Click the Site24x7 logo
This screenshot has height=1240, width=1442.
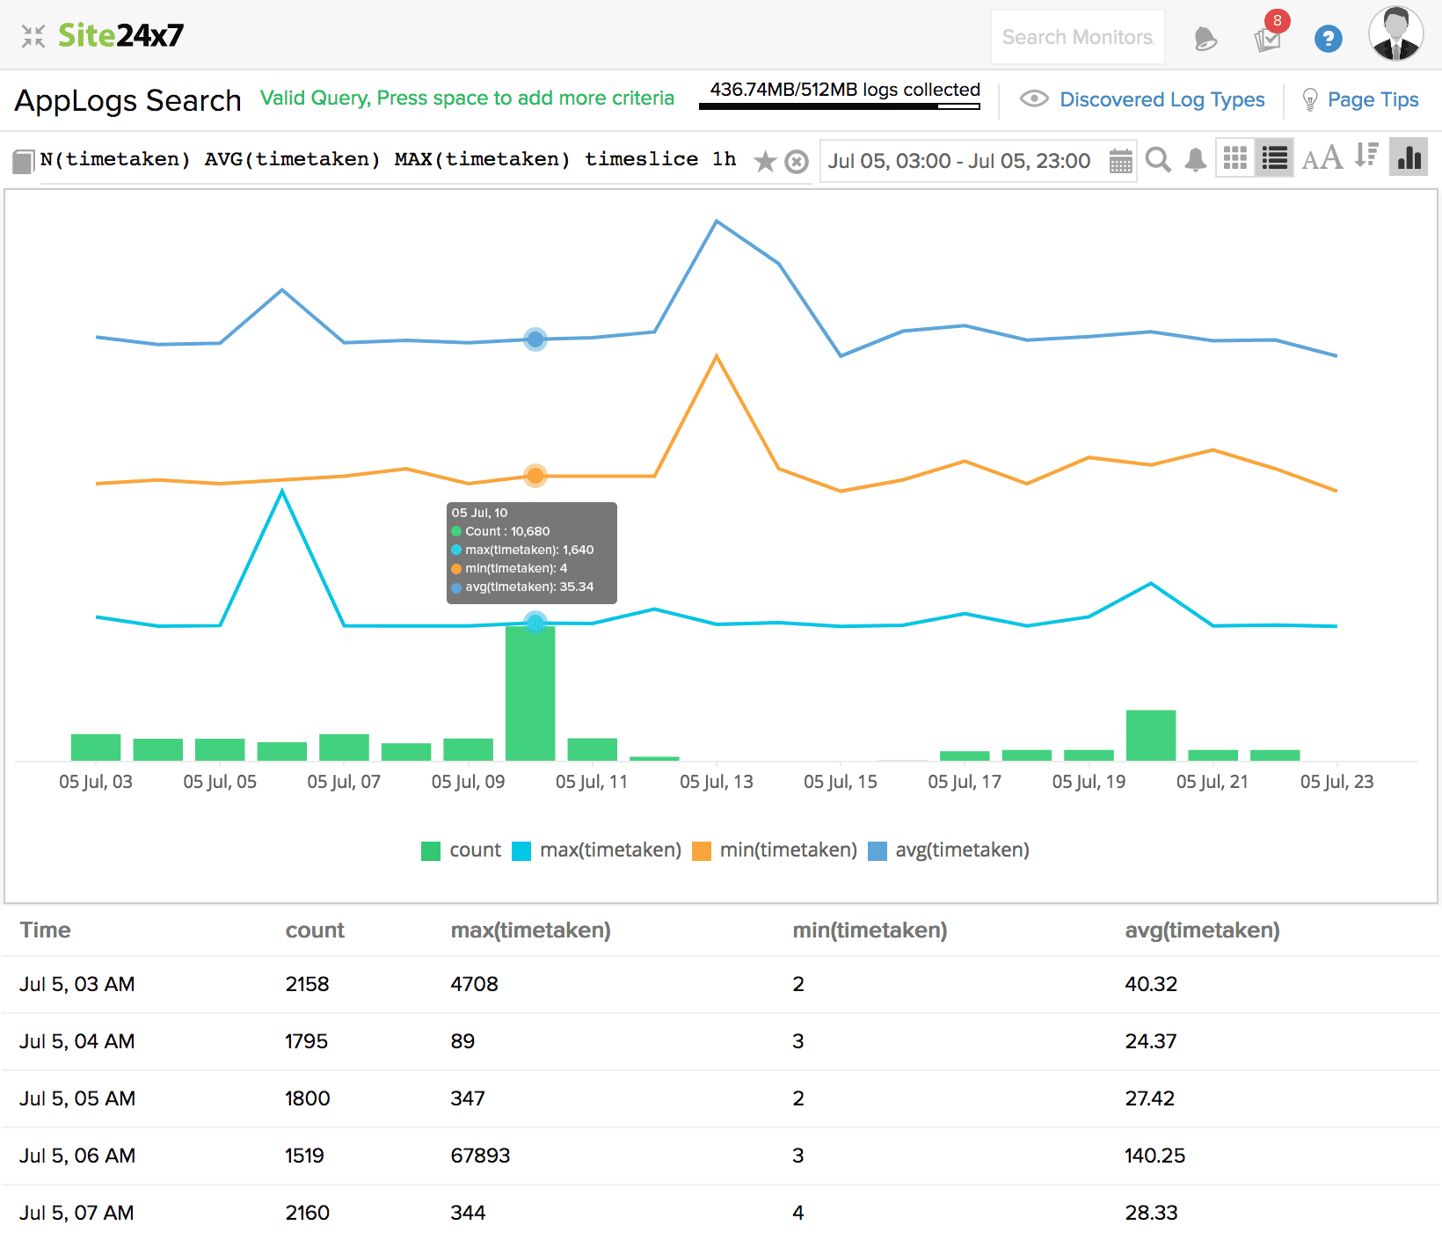120,35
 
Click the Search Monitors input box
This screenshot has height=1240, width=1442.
1077,37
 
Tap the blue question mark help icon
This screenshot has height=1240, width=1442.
1328,39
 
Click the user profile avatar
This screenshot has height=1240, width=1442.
1395,35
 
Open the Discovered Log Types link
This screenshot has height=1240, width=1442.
1161,99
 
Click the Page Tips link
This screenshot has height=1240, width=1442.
1372,99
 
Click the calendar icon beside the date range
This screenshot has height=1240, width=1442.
1120,161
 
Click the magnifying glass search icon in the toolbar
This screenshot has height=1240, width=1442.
1158,160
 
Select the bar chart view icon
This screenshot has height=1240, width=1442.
1408,158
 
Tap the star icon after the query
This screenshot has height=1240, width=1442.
765,162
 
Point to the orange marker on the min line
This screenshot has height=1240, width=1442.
535,476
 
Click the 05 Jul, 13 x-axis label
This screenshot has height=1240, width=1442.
716,782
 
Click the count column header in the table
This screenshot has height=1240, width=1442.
315,930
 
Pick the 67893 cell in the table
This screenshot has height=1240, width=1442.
480,1156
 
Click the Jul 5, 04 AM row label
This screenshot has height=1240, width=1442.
77,1041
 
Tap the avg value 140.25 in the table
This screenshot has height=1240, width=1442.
1154,1156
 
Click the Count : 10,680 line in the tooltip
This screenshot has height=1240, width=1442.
506,531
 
